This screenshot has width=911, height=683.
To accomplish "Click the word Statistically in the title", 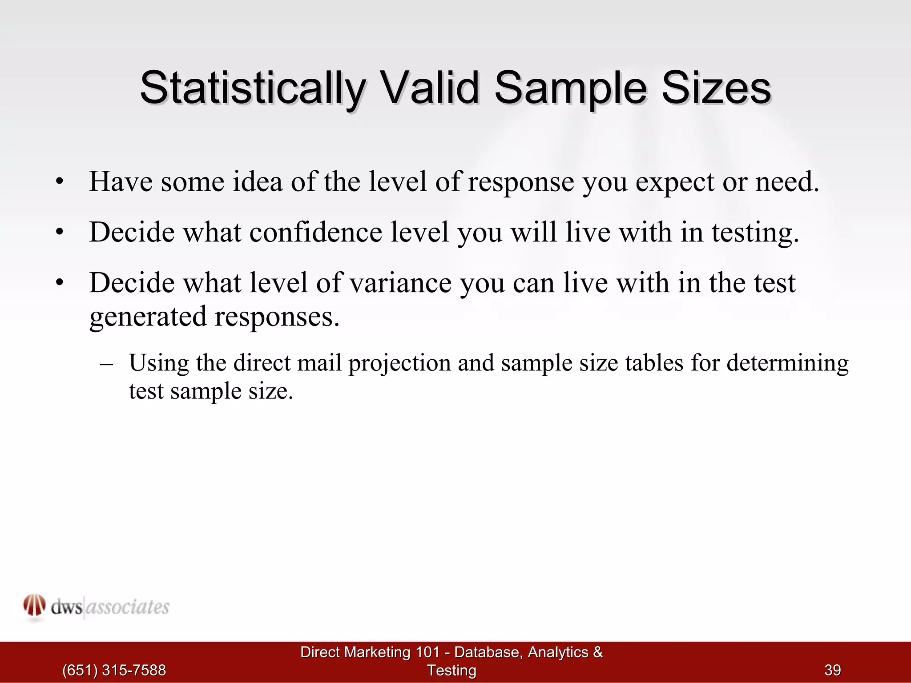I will (253, 88).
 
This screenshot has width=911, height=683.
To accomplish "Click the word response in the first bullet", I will (521, 182).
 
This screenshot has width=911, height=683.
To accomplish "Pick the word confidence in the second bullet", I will (315, 232).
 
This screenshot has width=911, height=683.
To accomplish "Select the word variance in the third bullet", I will (400, 283).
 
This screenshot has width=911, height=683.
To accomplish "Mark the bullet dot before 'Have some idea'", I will (60, 182).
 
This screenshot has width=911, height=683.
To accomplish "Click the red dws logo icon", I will (34, 606).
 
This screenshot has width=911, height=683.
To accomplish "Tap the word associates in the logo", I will (127, 607).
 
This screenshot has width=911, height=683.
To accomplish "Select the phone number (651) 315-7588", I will (114, 670).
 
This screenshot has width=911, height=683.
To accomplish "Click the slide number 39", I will (833, 670).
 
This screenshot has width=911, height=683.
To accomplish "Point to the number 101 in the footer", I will (427, 652).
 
